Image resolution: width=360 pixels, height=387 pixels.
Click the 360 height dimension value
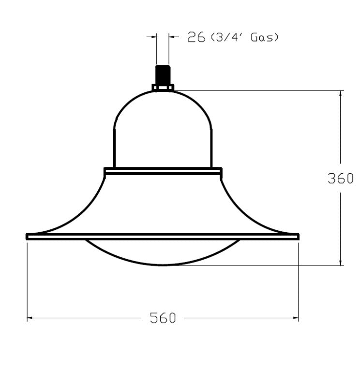[x=341, y=179]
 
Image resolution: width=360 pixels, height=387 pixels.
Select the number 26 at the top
[x=196, y=37]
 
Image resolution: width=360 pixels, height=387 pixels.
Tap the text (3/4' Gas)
[x=244, y=37]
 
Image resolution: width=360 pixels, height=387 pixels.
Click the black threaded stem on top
[x=163, y=75]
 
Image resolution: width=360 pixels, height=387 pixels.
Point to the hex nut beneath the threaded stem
[x=163, y=88]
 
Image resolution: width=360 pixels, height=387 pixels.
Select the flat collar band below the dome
[x=163, y=170]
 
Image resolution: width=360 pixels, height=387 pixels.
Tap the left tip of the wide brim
[x=28, y=237]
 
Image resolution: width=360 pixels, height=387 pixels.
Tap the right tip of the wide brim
[x=298, y=237]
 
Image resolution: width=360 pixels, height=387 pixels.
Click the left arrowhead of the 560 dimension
[x=30, y=318]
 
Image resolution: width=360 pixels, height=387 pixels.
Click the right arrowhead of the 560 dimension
[x=295, y=318]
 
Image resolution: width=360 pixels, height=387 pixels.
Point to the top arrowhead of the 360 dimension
[x=341, y=94]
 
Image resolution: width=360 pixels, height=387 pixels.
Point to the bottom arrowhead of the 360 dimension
[x=341, y=262]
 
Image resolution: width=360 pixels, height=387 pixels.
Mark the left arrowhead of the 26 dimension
[x=154, y=37]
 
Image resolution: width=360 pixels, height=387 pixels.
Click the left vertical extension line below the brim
[x=27, y=281]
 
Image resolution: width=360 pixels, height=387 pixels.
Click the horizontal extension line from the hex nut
[x=256, y=90]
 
